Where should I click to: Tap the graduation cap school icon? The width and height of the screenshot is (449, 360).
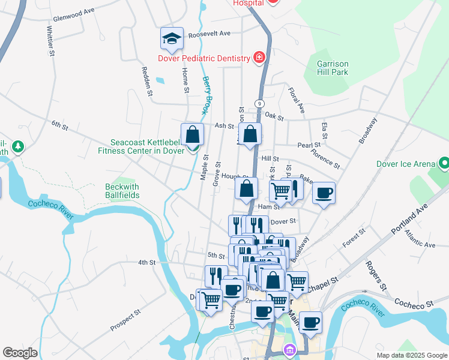[172, 39]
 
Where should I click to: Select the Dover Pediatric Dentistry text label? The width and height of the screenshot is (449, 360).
[203, 58]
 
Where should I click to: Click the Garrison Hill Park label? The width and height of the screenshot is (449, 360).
[333, 67]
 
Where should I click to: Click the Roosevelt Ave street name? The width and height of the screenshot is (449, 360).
[209, 34]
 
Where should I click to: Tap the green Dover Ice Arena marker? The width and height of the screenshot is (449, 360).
[444, 163]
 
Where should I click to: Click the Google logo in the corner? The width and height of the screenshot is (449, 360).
[20, 353]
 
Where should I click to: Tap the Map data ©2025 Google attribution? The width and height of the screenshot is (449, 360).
[411, 355]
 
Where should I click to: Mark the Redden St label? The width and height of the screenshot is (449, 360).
[146, 79]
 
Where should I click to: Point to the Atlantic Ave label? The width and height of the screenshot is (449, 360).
[420, 240]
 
